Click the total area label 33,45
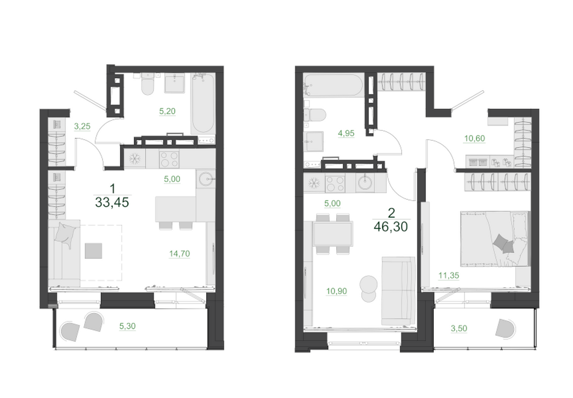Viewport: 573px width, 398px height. tap(112, 202)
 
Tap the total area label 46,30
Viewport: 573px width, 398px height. tap(391, 227)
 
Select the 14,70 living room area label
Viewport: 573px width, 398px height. tap(180, 253)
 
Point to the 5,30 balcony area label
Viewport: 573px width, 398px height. tap(128, 326)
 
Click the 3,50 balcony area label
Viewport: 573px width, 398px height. tap(459, 328)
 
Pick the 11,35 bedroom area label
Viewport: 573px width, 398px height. tap(449, 275)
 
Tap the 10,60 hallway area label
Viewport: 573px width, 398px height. tap(474, 138)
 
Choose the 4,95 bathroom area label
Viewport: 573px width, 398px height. tap(346, 133)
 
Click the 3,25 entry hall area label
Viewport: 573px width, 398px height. tap(82, 126)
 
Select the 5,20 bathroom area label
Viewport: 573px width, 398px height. tap(168, 111)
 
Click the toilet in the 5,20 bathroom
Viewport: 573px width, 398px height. tap(148, 84)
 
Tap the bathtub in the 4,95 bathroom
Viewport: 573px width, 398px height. tap(333, 86)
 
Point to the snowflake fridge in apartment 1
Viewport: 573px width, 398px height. tap(135, 159)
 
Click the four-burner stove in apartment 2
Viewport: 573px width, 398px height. tap(335, 183)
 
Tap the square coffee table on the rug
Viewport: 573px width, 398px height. tap(93, 251)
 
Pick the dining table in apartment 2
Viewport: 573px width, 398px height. tap(333, 234)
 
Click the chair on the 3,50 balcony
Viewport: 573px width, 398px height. tap(505, 329)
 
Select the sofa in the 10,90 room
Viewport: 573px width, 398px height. tap(398, 291)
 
